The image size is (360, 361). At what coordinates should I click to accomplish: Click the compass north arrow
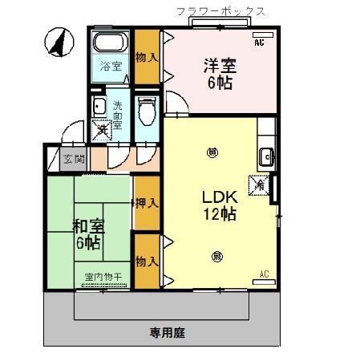(57, 43)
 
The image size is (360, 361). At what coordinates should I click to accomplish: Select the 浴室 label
(111, 67)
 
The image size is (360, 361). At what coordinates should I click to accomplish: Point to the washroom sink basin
(99, 107)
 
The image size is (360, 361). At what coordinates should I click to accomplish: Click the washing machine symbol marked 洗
(102, 128)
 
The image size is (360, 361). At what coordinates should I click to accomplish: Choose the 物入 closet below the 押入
(145, 261)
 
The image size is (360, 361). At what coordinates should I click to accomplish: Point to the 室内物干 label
(103, 278)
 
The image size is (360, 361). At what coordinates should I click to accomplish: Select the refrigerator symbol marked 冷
(261, 184)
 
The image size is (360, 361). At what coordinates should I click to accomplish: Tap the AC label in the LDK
(264, 275)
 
